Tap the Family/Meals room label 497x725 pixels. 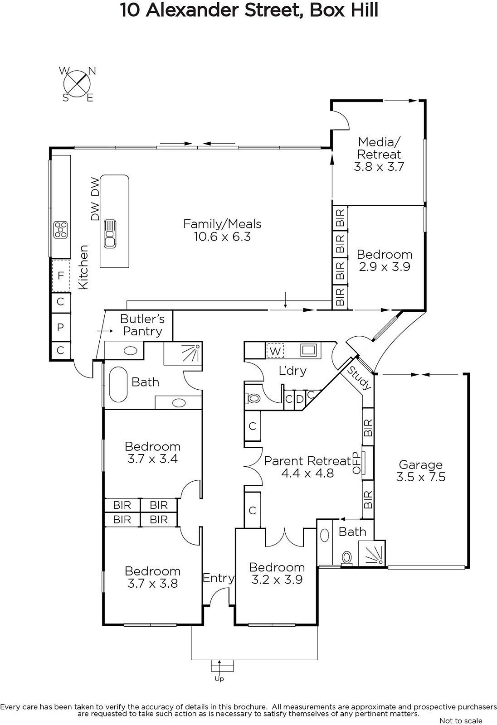tap(222, 230)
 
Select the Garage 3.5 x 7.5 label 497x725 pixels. tap(420, 471)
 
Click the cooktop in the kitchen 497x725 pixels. tap(61, 230)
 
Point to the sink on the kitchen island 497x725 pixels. tap(110, 234)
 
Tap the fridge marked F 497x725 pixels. tap(61, 276)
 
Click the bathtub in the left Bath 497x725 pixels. tap(118, 384)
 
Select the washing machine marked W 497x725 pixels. tap(275, 351)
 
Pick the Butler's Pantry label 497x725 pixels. tap(142, 325)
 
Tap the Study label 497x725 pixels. tap(359, 378)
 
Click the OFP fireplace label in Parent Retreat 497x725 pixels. tap(356, 463)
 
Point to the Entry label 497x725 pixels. tap(219, 578)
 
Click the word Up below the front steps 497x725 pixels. tap(219, 679)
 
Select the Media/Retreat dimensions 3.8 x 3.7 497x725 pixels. tap(379, 167)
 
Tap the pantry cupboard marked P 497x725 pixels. tap(61, 327)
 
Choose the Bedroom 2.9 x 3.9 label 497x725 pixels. tap(385, 260)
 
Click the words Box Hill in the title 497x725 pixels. tap(344, 10)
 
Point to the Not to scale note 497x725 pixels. tap(461, 720)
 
